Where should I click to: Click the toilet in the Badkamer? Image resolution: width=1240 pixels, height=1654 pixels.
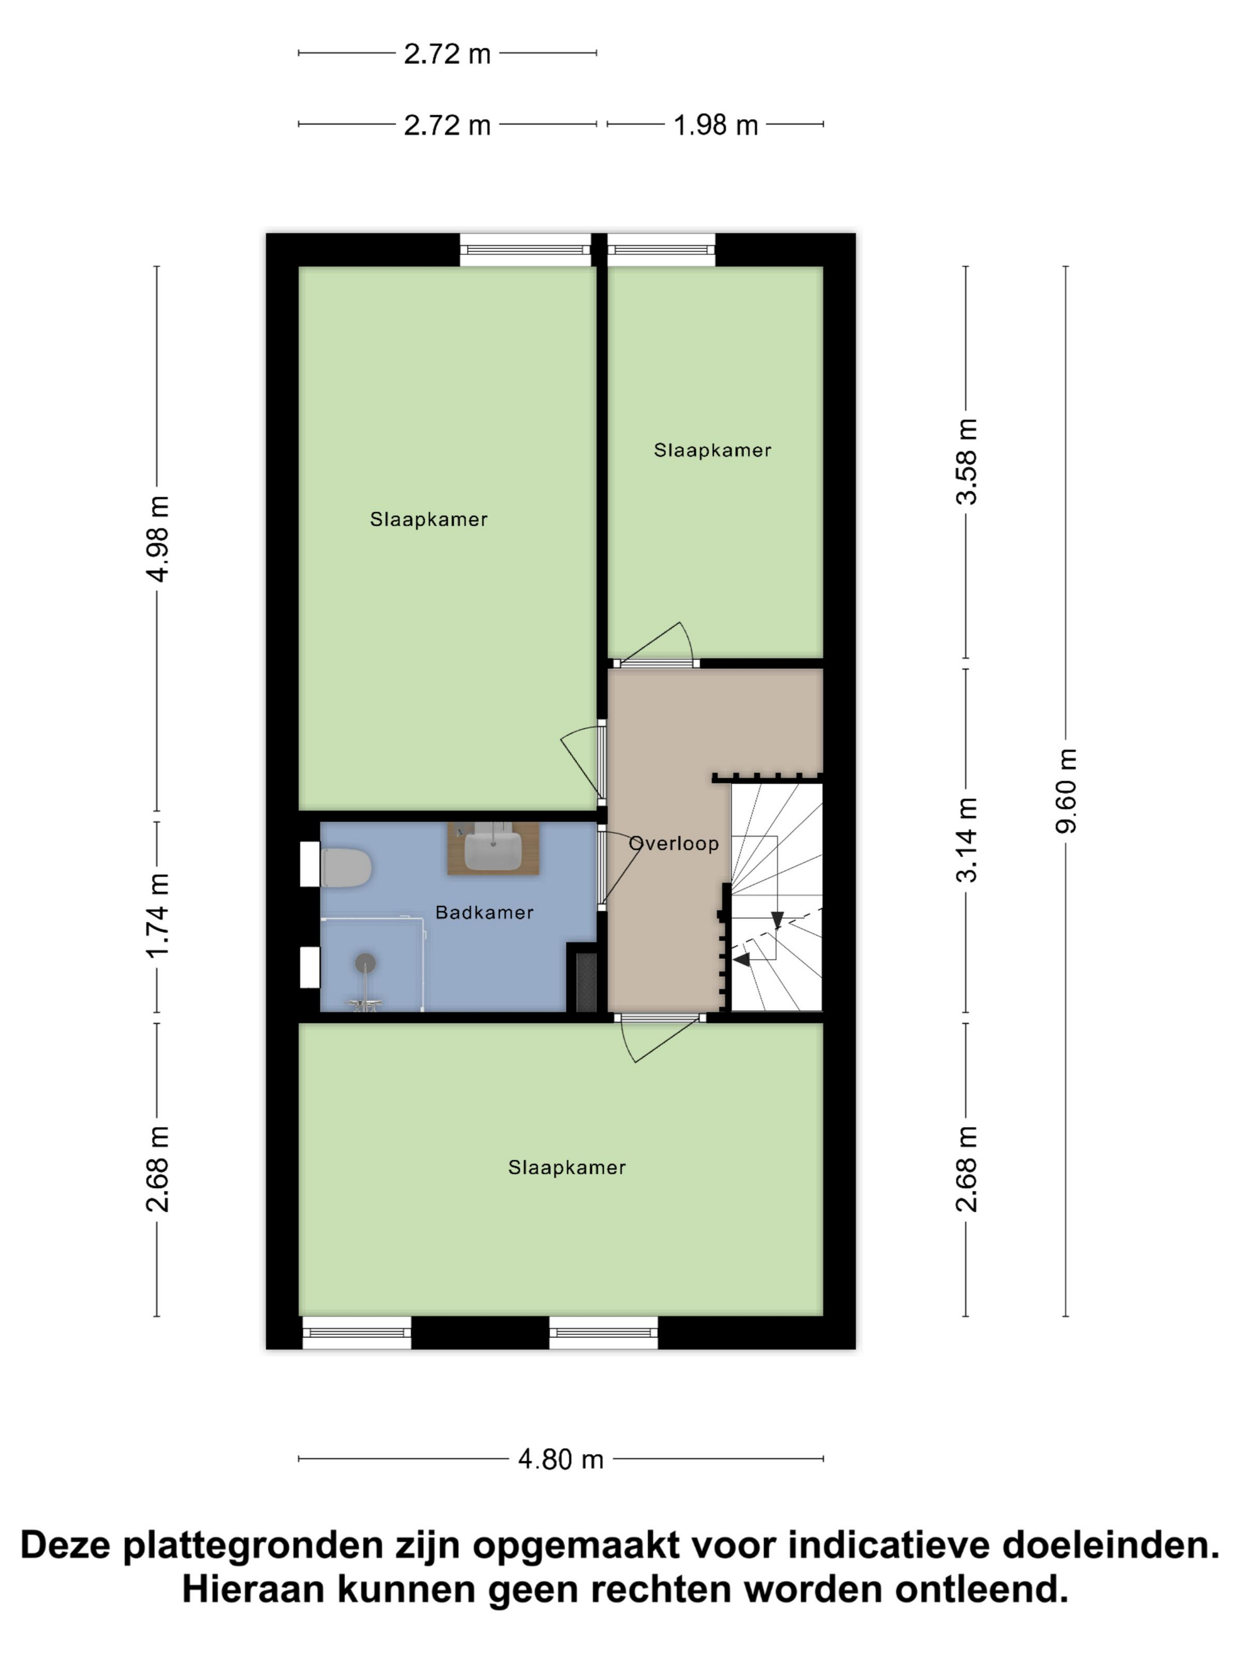(346, 867)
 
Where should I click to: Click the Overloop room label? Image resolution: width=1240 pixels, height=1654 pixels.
(674, 844)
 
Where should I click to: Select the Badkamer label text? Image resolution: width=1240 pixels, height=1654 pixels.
(484, 912)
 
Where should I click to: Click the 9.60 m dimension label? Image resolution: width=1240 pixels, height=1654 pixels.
(1066, 791)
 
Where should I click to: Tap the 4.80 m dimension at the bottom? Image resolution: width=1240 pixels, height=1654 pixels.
(560, 1459)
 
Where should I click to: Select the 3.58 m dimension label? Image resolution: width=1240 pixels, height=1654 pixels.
(967, 462)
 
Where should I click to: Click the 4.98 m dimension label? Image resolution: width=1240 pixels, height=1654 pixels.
(158, 538)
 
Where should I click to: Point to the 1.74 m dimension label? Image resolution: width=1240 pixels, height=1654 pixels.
(158, 916)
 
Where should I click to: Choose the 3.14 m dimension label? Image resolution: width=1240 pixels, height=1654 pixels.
(967, 840)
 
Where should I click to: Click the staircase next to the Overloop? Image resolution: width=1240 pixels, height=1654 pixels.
(776, 897)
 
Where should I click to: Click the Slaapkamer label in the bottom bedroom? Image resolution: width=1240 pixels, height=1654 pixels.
(566, 1167)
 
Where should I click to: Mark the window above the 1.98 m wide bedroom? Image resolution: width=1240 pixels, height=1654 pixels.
(661, 250)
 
